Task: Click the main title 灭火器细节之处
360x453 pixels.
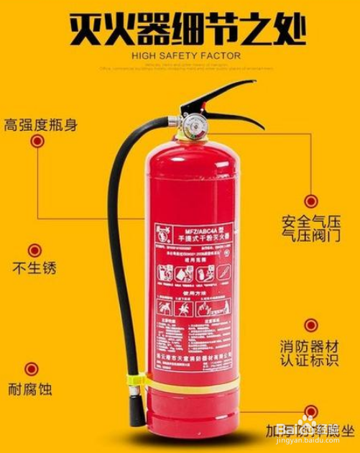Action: (x=180, y=28)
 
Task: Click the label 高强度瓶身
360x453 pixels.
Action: (x=40, y=125)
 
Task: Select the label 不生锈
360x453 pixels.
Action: (x=33, y=270)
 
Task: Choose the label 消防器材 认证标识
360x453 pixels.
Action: (x=310, y=354)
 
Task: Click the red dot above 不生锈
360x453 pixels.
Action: (x=33, y=250)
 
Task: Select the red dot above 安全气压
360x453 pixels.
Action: (x=310, y=201)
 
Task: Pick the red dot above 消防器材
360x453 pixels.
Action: (x=310, y=325)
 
